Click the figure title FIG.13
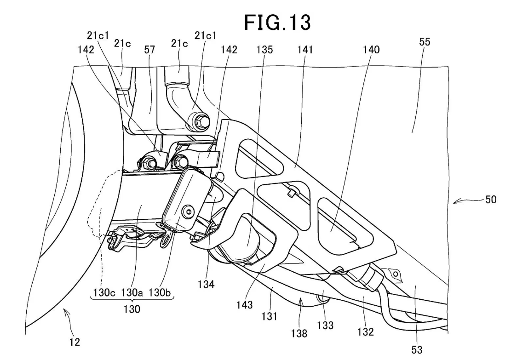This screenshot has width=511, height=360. [277, 23]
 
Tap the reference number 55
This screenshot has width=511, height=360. [425, 42]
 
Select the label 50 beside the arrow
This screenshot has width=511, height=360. [491, 200]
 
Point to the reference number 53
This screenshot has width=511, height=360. [417, 350]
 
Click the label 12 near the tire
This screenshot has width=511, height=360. [75, 342]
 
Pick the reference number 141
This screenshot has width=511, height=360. [304, 50]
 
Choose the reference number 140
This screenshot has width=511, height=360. [371, 50]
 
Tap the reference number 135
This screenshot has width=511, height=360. [264, 50]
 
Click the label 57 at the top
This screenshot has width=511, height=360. [149, 50]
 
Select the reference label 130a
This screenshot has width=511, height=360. [132, 292]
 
